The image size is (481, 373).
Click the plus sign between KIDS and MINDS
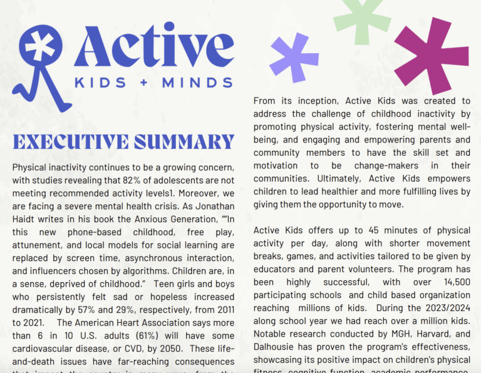click(x=143, y=83)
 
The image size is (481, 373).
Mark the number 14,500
click(x=454, y=282)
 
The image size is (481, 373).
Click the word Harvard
click(x=427, y=334)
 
